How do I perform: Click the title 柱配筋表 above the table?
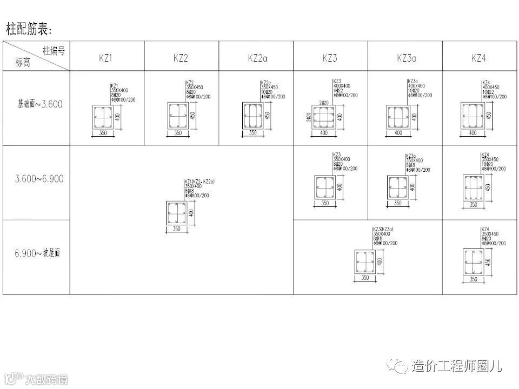pyautogui.click(x=31, y=28)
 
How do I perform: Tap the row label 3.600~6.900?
pyautogui.click(x=39, y=179)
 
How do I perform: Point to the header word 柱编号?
pyautogui.click(x=54, y=51)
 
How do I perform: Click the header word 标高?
pyautogui.click(x=23, y=63)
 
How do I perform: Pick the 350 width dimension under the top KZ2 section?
pyautogui.click(x=177, y=133)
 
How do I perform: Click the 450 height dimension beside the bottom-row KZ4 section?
pyautogui.click(x=488, y=262)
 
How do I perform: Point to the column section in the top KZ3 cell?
pyautogui.click(x=324, y=116)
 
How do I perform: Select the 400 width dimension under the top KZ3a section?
pyautogui.click(x=398, y=133)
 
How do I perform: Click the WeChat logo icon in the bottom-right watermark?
pyautogui.click(x=401, y=366)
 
